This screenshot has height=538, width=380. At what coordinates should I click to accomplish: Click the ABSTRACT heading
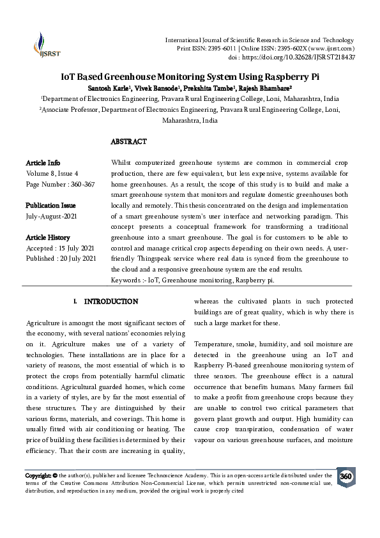pyautogui.click(x=128, y=141)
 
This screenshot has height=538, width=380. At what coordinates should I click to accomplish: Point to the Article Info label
pyautogui.click(x=43, y=163)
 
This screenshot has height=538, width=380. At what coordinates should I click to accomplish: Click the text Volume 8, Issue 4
pyautogui.click(x=52, y=173)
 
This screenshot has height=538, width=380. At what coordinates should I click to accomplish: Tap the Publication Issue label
pyautogui.click(x=50, y=205)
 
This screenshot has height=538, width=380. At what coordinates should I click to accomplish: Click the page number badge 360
pyautogui.click(x=346, y=477)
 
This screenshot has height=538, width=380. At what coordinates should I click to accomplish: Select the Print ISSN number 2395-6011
pyautogui.click(x=213, y=49)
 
